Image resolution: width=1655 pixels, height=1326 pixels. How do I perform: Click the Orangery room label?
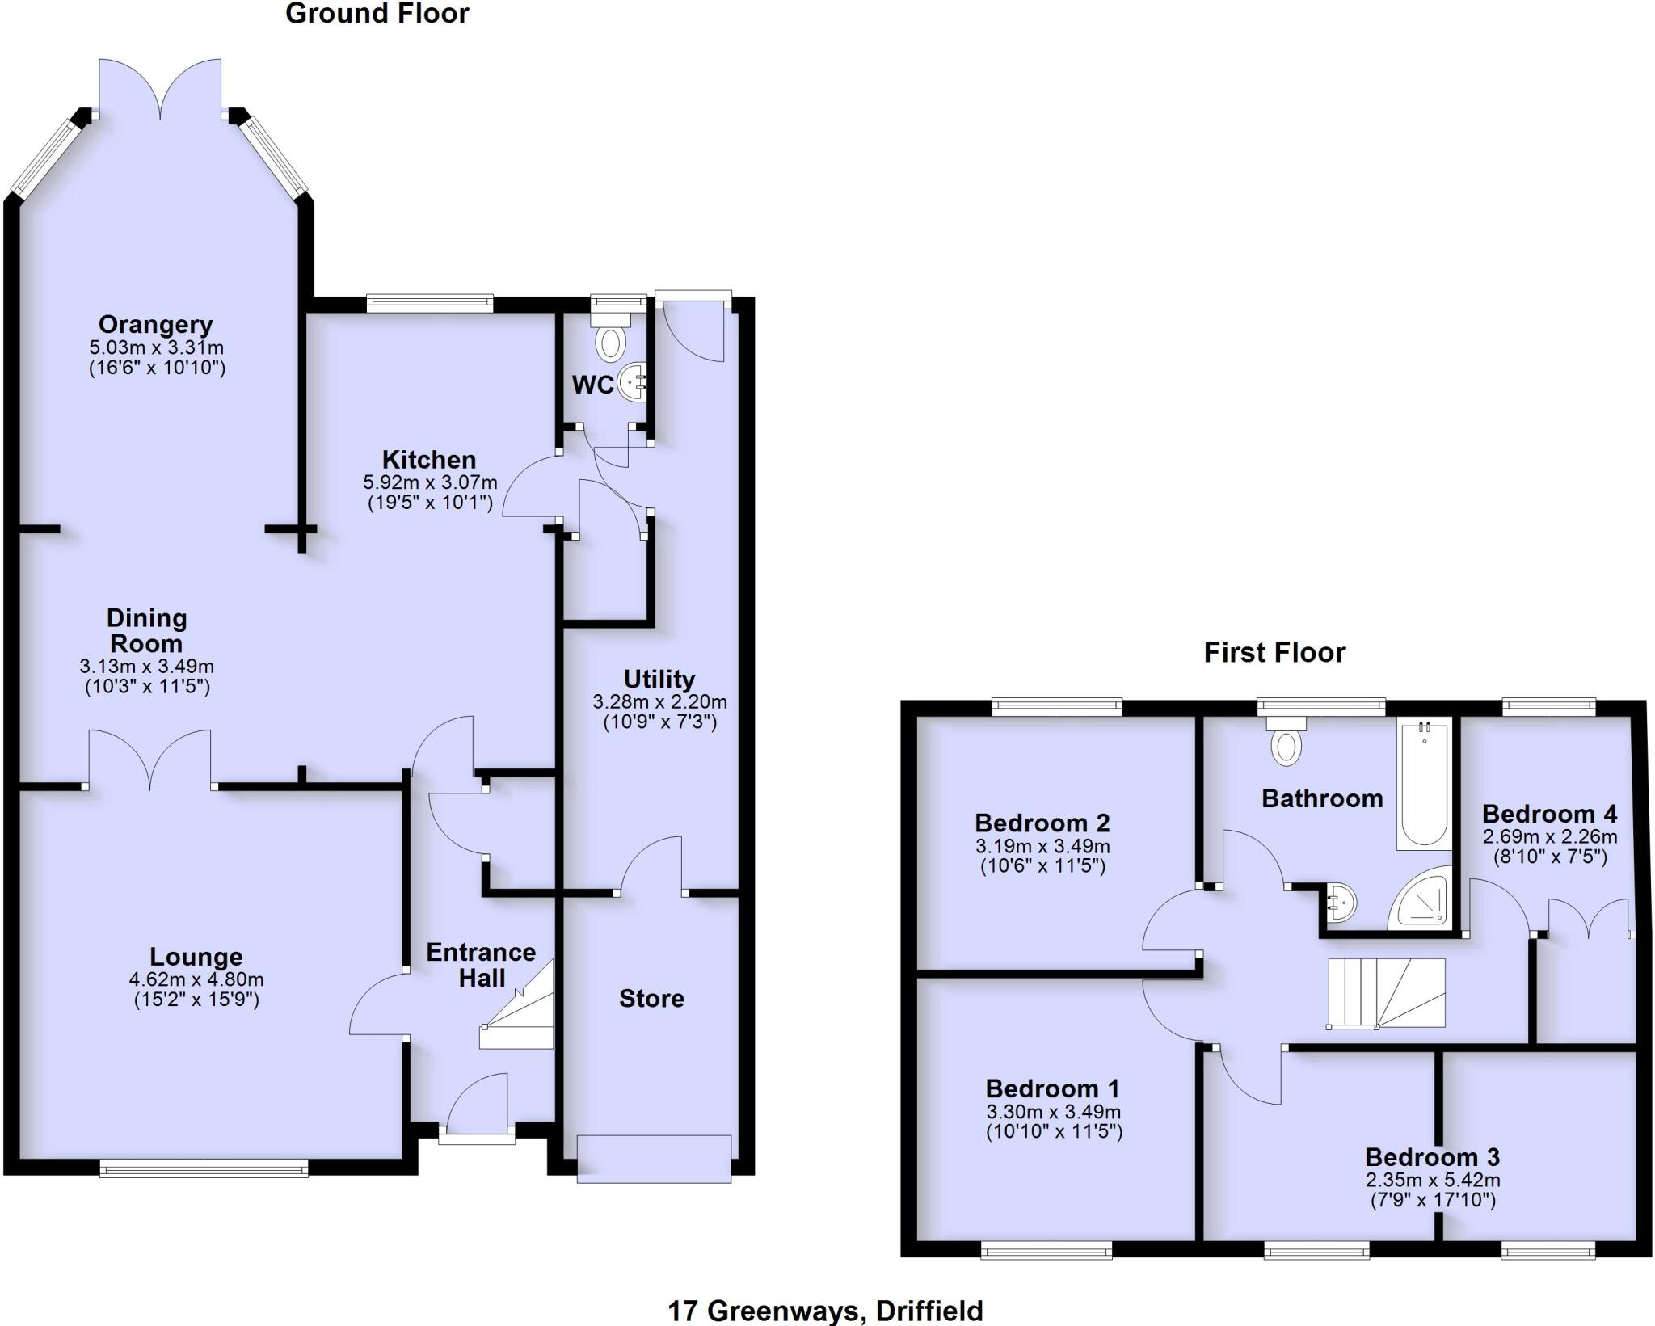(x=156, y=325)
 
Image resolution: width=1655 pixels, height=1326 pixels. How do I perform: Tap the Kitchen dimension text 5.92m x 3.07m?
(x=430, y=482)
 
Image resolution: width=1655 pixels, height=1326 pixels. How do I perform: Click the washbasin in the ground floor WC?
(x=633, y=381)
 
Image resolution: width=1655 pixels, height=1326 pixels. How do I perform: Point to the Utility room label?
(x=659, y=679)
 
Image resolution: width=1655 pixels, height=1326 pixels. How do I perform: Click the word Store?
(x=651, y=999)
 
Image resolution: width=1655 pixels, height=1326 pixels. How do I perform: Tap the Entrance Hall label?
(x=482, y=965)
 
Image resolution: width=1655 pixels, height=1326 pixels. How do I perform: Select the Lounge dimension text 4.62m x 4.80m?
(x=196, y=979)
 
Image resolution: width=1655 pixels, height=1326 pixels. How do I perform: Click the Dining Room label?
(x=146, y=631)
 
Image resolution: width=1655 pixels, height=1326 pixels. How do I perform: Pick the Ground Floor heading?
(x=377, y=14)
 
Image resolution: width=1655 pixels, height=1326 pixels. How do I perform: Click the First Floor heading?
(x=1274, y=653)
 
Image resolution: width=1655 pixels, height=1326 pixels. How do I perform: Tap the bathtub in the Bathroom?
(x=1424, y=784)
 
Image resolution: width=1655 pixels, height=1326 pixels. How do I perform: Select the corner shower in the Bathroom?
(x=1421, y=899)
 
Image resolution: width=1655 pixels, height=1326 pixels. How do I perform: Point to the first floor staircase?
(x=1386, y=993)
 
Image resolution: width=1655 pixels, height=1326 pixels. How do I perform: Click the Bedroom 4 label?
(x=1550, y=814)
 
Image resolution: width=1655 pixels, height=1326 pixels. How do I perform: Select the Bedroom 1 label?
(x=1053, y=1088)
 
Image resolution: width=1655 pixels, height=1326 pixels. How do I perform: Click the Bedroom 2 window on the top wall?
(x=1058, y=707)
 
